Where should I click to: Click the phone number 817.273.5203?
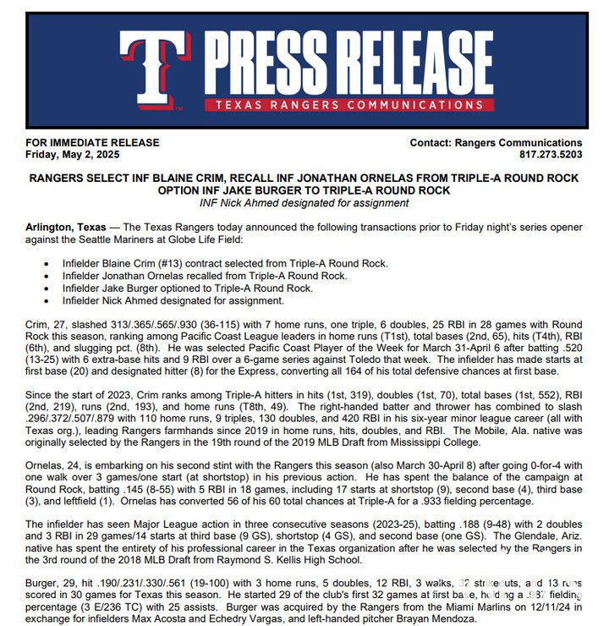551,155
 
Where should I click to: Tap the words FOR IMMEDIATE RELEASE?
93,143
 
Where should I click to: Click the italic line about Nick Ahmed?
304,203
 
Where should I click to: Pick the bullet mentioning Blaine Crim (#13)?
225,264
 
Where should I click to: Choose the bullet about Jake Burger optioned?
187,288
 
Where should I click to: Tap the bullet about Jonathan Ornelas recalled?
204,276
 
